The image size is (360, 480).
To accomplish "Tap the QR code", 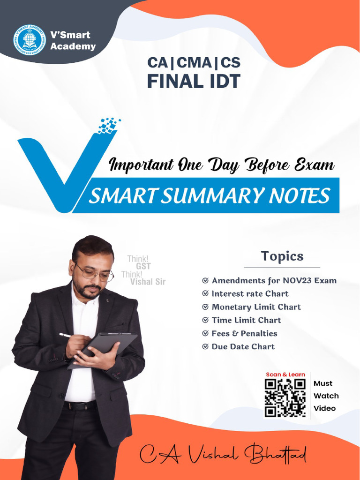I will tap(285, 397).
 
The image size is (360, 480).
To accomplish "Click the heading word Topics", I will tap(282, 256).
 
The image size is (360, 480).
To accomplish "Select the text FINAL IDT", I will tap(194, 81).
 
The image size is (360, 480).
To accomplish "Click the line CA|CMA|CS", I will tap(194, 62).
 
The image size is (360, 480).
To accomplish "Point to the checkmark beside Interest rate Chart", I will tap(205, 294).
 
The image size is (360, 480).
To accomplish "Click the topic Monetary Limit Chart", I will tap(256, 307).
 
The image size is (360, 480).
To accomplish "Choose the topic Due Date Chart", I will tap(243, 347).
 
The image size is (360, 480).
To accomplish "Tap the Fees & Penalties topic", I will tap(244, 333).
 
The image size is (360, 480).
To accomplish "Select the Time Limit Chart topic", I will tap(246, 320).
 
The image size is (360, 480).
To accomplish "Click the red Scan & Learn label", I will tap(285, 375).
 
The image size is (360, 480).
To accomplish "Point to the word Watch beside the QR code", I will tap(326, 396).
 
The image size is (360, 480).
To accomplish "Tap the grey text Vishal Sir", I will tap(148, 282).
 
